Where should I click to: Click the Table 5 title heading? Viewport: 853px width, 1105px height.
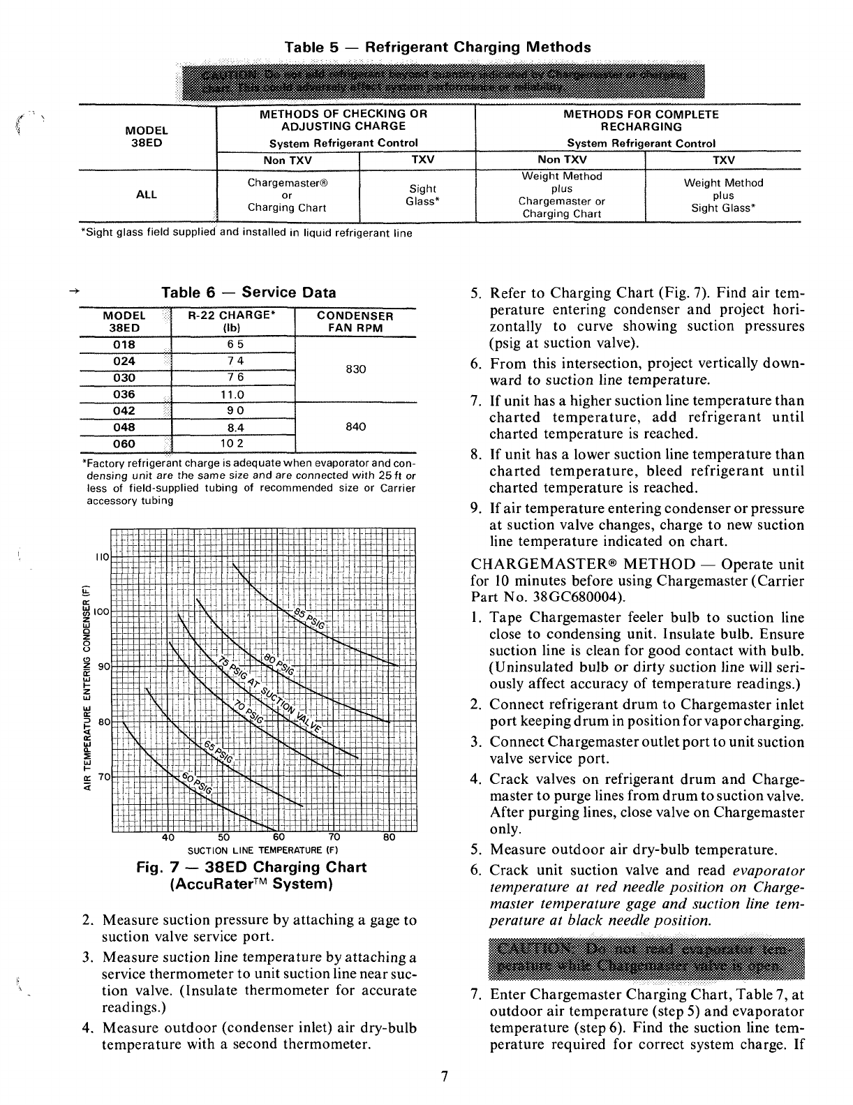tap(438, 47)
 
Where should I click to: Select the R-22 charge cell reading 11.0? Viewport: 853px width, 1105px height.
tap(235, 394)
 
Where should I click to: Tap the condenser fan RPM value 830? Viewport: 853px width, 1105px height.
tap(356, 369)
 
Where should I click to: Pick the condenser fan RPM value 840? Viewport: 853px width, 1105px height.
tap(356, 427)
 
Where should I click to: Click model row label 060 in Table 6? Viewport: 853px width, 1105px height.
tap(124, 444)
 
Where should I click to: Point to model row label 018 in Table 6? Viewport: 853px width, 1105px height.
tap(124, 345)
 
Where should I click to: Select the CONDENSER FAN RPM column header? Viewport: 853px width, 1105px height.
tap(355, 322)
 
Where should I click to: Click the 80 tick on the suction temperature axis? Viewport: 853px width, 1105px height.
tap(390, 838)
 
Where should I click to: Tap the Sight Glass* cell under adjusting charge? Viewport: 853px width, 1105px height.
tap(422, 195)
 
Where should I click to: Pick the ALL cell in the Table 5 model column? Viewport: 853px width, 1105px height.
tap(146, 195)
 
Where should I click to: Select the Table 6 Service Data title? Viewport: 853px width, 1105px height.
tap(249, 293)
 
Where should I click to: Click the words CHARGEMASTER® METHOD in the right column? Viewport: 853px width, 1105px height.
tap(583, 565)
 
